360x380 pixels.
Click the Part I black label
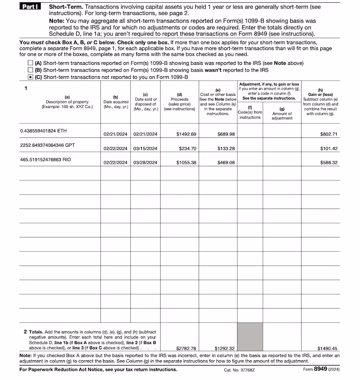point(31,8)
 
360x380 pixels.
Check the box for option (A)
point(30,63)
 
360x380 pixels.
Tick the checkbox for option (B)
point(30,70)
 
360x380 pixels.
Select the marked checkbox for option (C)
point(30,77)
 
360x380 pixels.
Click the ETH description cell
point(44,131)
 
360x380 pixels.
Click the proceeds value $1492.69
point(186,134)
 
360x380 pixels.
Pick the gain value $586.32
point(328,163)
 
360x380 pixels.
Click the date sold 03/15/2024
point(145,148)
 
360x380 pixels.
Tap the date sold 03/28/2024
point(145,163)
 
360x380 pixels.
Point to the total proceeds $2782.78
point(186,348)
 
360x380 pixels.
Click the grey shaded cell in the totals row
point(250,336)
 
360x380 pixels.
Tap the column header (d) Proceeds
point(180,101)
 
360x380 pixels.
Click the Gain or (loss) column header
point(320,95)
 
